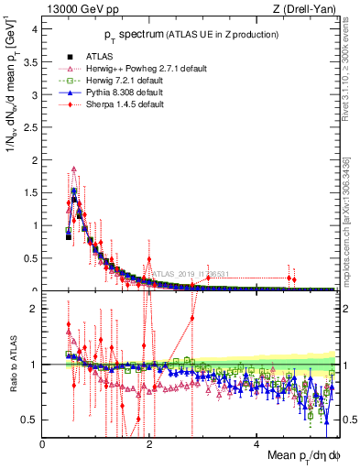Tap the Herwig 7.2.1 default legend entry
(x=125, y=80)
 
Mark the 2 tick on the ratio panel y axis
(x=35, y=309)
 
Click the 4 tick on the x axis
(x=257, y=444)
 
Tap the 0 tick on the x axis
(x=43, y=444)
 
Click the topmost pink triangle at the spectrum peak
(x=73, y=169)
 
